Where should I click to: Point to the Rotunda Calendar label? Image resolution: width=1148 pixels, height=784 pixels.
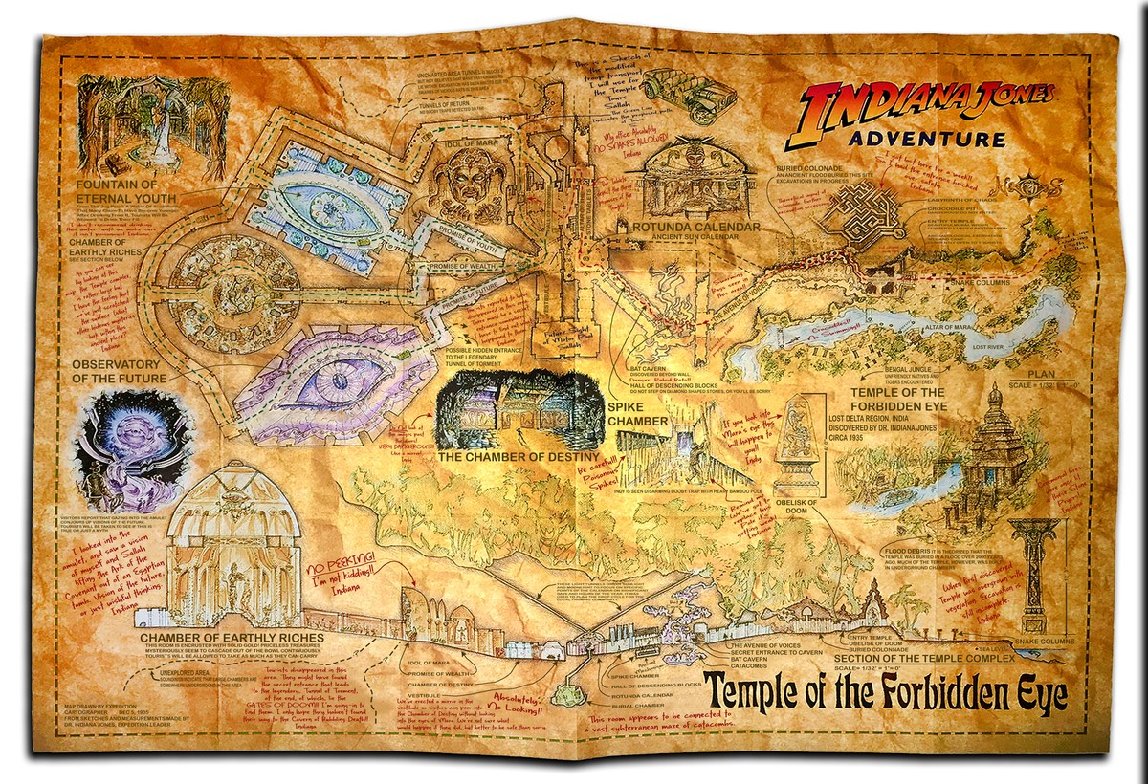point(696,228)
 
